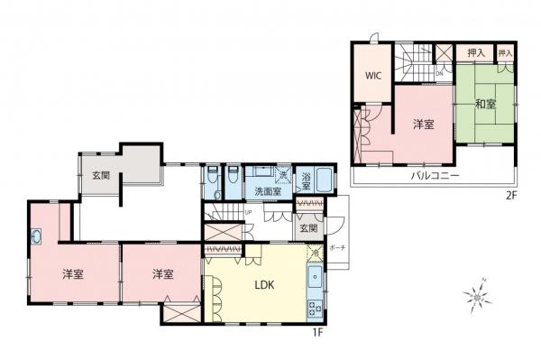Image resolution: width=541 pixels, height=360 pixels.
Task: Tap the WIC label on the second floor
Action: (x=373, y=76)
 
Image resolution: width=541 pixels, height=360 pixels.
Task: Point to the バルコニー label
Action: (x=436, y=175)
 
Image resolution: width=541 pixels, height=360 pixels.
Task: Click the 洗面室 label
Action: (x=268, y=191)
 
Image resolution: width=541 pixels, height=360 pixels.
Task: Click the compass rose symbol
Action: (x=473, y=295)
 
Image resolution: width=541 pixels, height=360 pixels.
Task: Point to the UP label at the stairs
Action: (x=247, y=212)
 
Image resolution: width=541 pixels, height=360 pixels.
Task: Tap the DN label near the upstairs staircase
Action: (x=439, y=71)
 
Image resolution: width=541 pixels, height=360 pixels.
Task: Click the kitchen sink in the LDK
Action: (x=314, y=277)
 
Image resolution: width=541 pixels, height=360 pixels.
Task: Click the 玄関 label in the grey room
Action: (x=99, y=176)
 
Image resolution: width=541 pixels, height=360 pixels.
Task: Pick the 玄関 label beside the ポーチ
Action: (x=307, y=229)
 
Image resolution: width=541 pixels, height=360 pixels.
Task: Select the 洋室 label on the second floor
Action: (x=424, y=125)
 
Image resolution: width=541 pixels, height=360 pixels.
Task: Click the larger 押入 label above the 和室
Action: (x=476, y=54)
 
